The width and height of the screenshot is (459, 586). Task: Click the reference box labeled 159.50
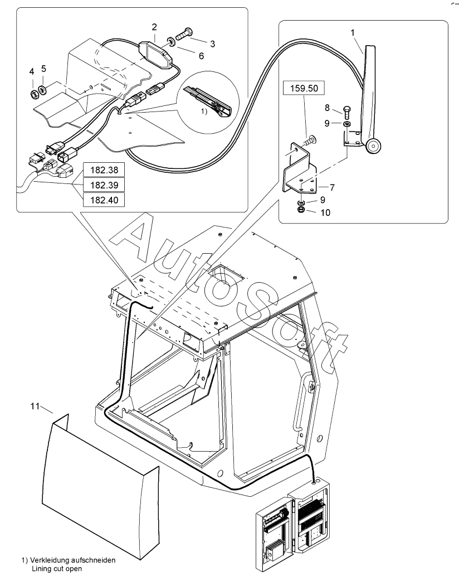coord(304,88)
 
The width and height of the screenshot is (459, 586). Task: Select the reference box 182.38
coord(104,170)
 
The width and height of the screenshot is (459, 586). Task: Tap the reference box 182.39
coord(104,185)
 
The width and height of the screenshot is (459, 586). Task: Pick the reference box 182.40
coord(104,200)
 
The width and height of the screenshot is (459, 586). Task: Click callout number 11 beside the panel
coord(35,406)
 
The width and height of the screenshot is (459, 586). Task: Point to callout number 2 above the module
coord(154,27)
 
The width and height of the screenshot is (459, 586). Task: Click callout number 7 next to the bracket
coord(332,187)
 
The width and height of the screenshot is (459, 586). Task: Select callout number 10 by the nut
coord(325,212)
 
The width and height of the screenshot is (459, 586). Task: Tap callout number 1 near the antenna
coord(353,33)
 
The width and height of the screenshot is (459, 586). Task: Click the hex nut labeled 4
coord(33,94)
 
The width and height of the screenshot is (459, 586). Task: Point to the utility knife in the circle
coord(208,100)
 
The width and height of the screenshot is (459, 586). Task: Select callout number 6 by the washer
coord(201,56)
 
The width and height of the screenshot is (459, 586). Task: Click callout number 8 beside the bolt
coord(327,108)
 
